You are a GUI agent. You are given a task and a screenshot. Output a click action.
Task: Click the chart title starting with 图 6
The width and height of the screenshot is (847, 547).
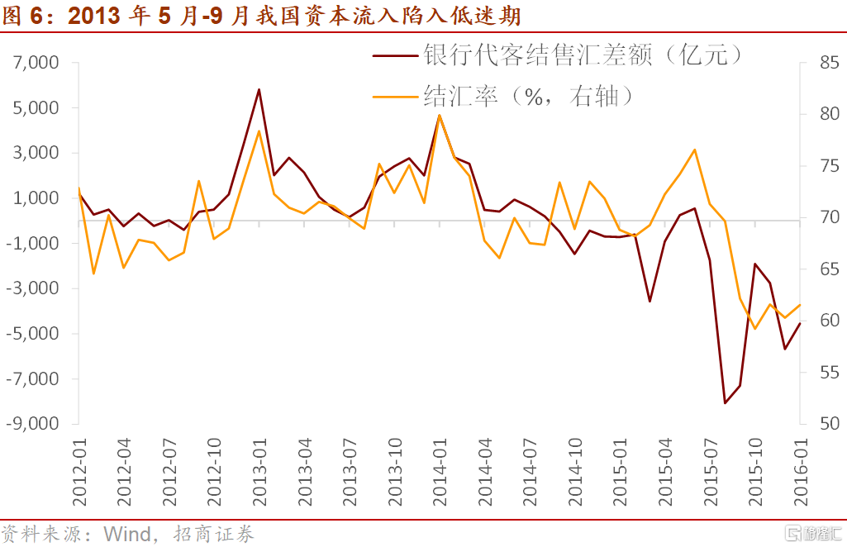[262, 16]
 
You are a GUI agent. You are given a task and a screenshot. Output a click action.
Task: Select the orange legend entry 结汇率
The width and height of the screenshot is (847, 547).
[529, 97]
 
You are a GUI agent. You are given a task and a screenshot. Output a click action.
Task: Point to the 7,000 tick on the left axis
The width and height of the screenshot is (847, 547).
[35, 63]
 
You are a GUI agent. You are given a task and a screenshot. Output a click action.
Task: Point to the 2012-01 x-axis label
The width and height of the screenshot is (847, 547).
[80, 470]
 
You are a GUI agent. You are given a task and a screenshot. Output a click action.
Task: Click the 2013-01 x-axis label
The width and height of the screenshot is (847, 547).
[259, 470]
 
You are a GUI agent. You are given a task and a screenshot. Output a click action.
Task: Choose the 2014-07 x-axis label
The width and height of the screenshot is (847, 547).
[530, 470]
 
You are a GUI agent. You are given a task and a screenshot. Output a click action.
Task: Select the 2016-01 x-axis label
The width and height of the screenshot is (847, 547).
[800, 470]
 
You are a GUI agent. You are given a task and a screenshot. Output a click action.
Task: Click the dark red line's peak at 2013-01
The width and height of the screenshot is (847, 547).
[259, 89]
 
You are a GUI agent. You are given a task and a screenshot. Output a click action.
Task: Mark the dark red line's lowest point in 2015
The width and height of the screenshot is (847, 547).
[725, 403]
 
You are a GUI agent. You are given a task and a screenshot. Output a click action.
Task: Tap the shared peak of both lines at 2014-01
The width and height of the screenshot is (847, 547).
[439, 115]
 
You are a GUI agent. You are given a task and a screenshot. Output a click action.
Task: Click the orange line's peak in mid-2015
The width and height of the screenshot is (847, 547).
[695, 150]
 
